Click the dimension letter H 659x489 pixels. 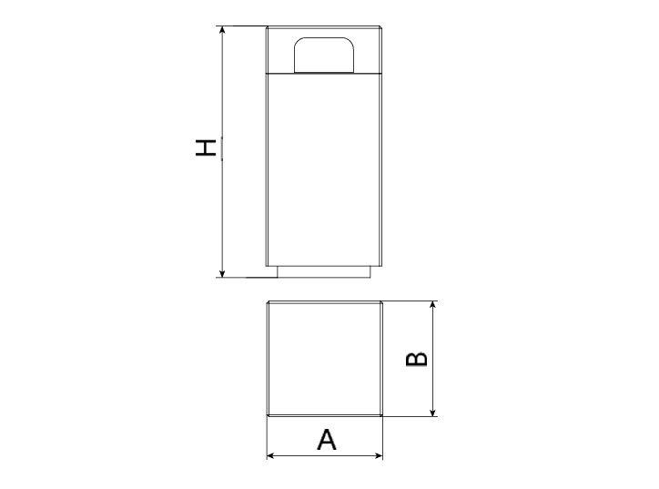click(x=206, y=148)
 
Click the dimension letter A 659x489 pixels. click(x=327, y=440)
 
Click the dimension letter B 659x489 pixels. click(x=417, y=359)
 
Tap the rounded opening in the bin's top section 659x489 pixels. click(x=324, y=55)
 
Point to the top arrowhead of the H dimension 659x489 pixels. click(x=222, y=29)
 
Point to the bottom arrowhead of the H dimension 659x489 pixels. click(x=222, y=274)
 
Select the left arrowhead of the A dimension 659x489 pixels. click(x=271, y=455)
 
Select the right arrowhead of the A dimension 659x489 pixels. click(x=379, y=455)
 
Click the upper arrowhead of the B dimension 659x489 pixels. click(x=433, y=305)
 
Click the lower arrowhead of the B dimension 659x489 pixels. click(x=433, y=413)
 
